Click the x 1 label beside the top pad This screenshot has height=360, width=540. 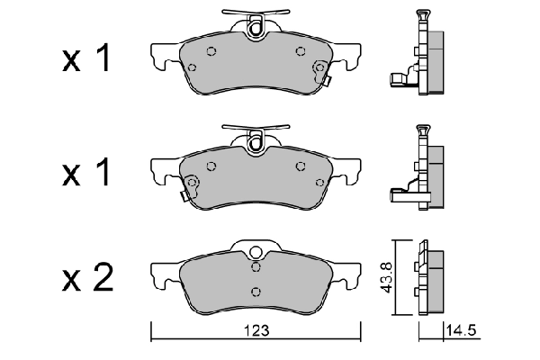click(86, 59)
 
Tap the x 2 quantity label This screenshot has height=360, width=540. click(86, 279)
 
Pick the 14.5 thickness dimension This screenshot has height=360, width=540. click(462, 332)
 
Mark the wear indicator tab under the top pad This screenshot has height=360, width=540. click(328, 83)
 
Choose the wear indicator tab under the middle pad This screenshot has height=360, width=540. click(184, 195)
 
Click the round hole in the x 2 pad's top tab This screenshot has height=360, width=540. click(256, 253)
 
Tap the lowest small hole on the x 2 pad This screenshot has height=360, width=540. click(256, 290)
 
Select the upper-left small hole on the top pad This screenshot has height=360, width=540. click(211, 51)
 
